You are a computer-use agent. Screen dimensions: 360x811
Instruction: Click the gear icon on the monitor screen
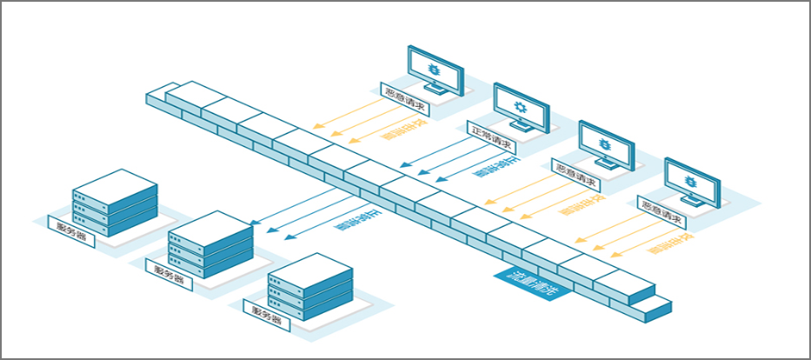click(521, 107)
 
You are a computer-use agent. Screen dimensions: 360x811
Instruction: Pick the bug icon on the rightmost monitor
click(691, 181)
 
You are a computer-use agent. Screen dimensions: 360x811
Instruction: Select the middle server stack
click(211, 246)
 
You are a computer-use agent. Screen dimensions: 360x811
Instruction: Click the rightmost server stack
click(309, 287)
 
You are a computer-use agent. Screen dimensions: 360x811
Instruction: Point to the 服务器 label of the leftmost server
click(71, 228)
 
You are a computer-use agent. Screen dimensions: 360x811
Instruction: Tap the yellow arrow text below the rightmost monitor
click(669, 244)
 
